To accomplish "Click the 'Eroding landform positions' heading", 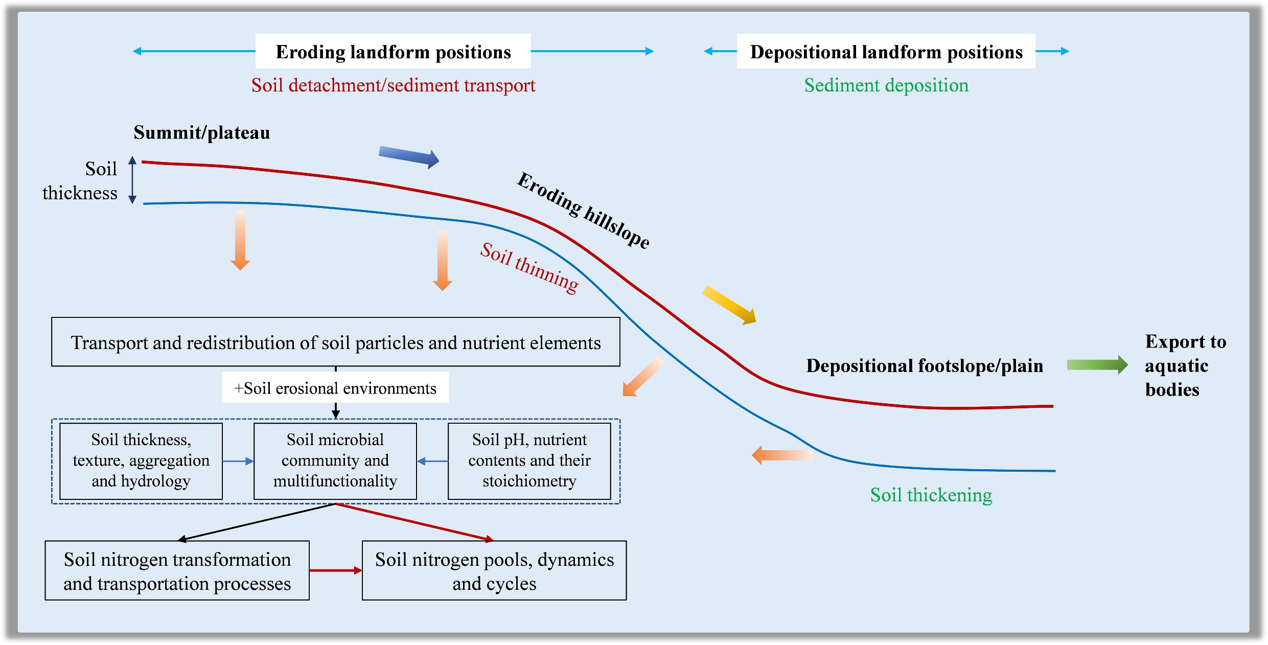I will click(393, 52).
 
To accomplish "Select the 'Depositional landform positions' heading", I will click(886, 52).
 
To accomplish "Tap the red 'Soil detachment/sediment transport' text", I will click(393, 85).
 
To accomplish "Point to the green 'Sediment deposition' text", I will click(886, 85).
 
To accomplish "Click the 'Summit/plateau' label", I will click(201, 133).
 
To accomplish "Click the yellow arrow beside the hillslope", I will click(729, 305).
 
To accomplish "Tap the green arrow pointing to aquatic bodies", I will click(1097, 365).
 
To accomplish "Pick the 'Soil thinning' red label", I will click(529, 268).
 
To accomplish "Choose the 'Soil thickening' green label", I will click(931, 495).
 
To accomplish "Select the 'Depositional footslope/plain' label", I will click(924, 366).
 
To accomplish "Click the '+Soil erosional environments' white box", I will click(335, 388).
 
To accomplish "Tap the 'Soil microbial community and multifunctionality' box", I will click(335, 460).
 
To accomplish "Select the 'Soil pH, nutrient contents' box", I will click(529, 460).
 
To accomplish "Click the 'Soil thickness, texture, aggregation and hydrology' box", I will click(141, 460).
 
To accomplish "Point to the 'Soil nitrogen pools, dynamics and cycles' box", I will click(494, 571).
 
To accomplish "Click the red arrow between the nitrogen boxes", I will click(336, 570).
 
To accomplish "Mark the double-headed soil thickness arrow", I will click(132, 180).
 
